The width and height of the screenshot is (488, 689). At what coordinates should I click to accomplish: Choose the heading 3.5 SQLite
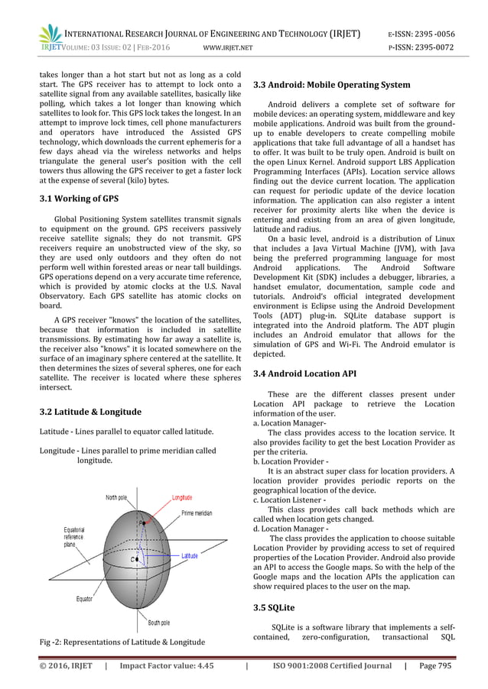tap(276, 608)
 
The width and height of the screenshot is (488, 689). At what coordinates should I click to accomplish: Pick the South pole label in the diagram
tap(164, 622)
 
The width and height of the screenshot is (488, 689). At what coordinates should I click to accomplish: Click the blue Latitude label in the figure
tap(189, 556)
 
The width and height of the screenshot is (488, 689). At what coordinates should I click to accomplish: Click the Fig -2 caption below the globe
tap(122, 642)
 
